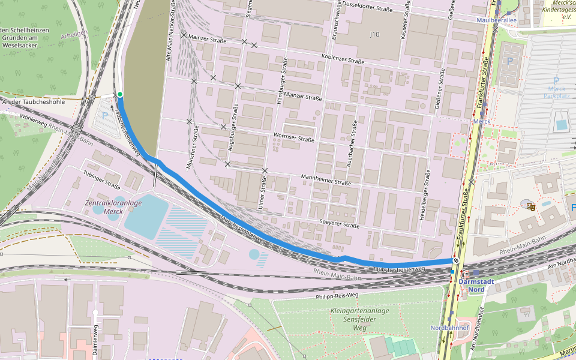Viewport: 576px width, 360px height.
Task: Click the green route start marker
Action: (x=120, y=94)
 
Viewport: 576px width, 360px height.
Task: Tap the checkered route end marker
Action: (x=456, y=260)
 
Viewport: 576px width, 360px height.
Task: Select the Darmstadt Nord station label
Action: (x=476, y=285)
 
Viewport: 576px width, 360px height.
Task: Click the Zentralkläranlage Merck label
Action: (x=113, y=207)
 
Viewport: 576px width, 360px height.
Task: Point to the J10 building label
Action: (x=374, y=35)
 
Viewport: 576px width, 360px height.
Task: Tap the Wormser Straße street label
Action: (x=293, y=137)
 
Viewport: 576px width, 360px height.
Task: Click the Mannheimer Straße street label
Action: (x=326, y=179)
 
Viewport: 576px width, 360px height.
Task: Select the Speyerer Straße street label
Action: (x=339, y=223)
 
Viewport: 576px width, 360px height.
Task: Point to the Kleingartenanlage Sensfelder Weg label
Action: (x=360, y=319)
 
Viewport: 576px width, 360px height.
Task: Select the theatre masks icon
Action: (x=530, y=207)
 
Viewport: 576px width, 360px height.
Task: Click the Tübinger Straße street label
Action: (x=101, y=179)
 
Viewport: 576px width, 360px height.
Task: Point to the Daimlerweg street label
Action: (x=95, y=340)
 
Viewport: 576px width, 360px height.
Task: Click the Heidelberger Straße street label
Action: (x=427, y=194)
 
